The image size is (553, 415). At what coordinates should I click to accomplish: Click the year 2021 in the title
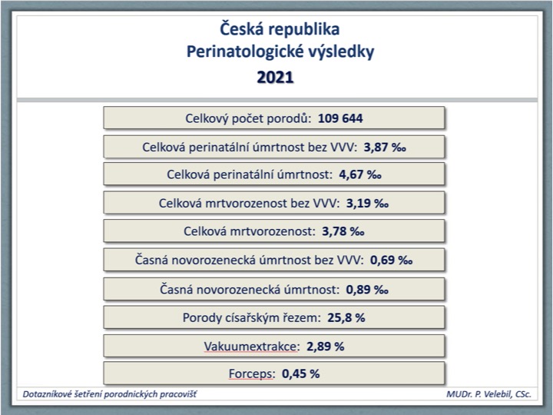point(275,77)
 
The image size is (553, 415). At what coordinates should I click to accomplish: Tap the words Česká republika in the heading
point(280,29)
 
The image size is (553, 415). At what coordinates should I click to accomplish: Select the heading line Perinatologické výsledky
point(280,52)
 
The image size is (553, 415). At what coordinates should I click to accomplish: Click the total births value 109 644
point(340,118)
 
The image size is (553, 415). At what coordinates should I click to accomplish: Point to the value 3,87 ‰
point(385,147)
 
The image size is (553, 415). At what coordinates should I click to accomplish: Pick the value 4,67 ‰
point(360,174)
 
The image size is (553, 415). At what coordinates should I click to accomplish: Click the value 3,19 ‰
point(367,203)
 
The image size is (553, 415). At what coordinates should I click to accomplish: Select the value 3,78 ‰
point(343,231)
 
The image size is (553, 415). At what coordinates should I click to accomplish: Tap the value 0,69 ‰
point(391,260)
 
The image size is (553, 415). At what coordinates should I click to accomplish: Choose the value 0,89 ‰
point(367,290)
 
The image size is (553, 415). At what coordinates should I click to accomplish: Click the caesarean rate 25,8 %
point(346,317)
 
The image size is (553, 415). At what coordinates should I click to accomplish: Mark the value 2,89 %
point(325,346)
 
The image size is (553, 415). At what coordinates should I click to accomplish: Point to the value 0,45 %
point(301,373)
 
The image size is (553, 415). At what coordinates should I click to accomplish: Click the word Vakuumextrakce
point(251,346)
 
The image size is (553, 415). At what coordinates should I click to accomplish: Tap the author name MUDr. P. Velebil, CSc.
point(488,394)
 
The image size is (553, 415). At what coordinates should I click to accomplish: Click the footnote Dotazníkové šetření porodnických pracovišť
point(110,394)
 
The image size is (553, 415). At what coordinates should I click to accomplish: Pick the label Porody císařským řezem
point(252,317)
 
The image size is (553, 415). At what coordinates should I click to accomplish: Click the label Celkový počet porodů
point(248,118)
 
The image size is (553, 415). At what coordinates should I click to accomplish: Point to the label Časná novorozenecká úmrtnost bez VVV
point(249,260)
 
